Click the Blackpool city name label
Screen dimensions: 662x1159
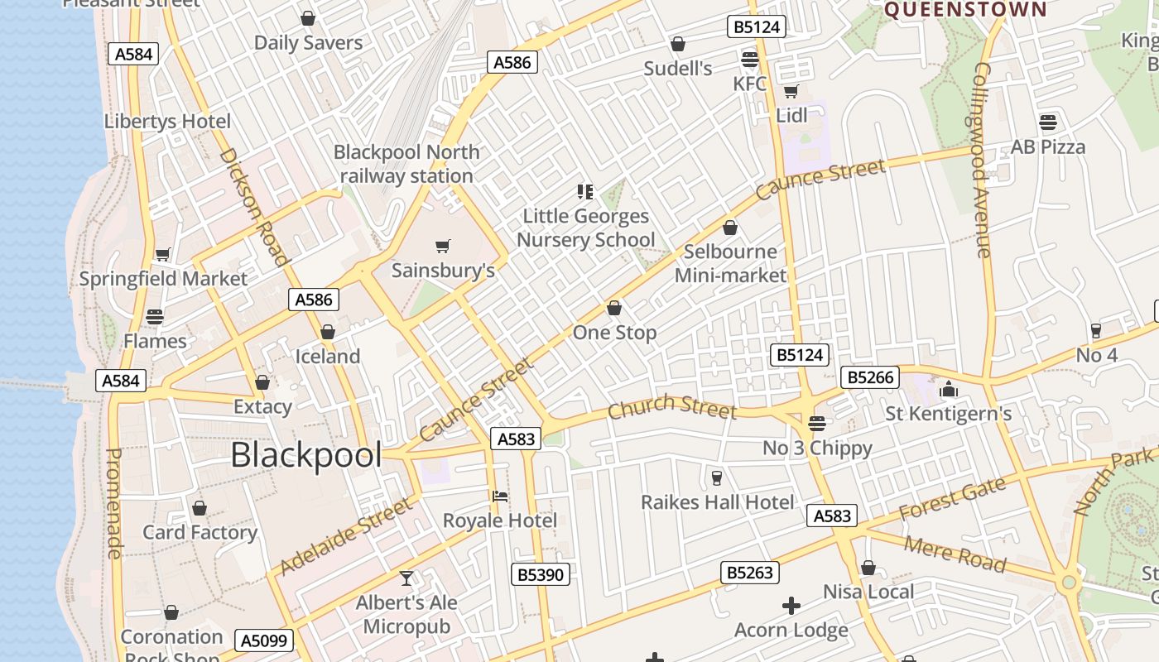(305, 455)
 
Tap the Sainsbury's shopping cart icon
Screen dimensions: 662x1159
(443, 246)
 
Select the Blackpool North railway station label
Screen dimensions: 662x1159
(406, 164)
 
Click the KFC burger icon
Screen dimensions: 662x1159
(750, 60)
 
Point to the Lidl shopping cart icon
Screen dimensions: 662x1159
(791, 91)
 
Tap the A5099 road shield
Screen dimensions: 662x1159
(264, 640)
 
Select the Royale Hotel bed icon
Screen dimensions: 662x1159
(499, 496)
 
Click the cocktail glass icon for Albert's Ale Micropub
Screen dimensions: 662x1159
(406, 578)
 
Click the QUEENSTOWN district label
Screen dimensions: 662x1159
(966, 10)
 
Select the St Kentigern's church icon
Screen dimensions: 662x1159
(948, 389)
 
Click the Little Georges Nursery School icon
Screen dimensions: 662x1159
(585, 192)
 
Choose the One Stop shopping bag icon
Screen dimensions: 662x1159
(614, 309)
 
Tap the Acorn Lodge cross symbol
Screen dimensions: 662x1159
(791, 606)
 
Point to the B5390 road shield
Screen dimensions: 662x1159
(540, 574)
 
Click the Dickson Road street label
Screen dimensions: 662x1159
(254, 207)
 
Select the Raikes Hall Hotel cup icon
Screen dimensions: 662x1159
(717, 478)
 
